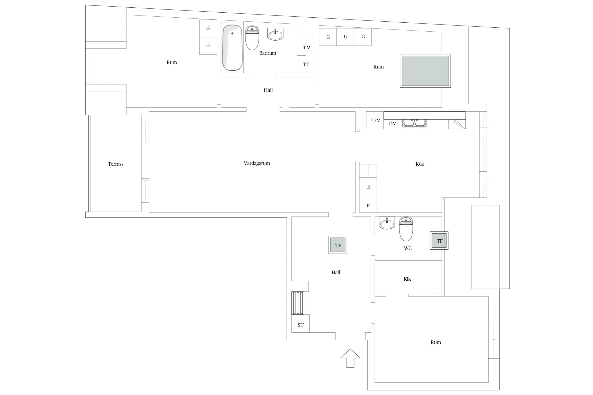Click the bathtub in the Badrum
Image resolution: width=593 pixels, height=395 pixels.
pos(232,48)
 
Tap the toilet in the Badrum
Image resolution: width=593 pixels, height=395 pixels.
pos(252,38)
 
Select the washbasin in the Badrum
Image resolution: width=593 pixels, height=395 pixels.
pos(275,34)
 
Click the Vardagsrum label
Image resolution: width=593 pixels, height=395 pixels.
pos(257,163)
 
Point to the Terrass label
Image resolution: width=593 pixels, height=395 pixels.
pos(115,164)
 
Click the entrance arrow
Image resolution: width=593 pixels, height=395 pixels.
pos(350,358)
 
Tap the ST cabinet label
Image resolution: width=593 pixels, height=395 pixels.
pos(300,325)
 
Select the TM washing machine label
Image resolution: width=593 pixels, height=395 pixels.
pos(307,48)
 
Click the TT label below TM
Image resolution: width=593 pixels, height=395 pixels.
pos(306,64)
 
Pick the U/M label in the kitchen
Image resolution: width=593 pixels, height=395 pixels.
pos(376,121)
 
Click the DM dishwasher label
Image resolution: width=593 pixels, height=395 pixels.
pos(393,124)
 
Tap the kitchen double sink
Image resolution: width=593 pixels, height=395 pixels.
pos(414,123)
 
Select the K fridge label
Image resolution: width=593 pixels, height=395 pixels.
pos(369,187)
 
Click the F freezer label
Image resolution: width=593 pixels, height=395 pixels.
pos(368,206)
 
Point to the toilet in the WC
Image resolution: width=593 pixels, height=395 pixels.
pos(406,229)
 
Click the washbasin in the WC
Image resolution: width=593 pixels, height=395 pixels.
pos(387,223)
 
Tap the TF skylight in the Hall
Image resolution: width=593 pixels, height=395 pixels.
pos(338,245)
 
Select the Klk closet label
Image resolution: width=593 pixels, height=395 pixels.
pos(407,279)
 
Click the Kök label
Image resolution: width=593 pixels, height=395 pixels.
pos(420,164)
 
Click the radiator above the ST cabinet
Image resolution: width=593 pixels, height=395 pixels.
pos(298,303)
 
